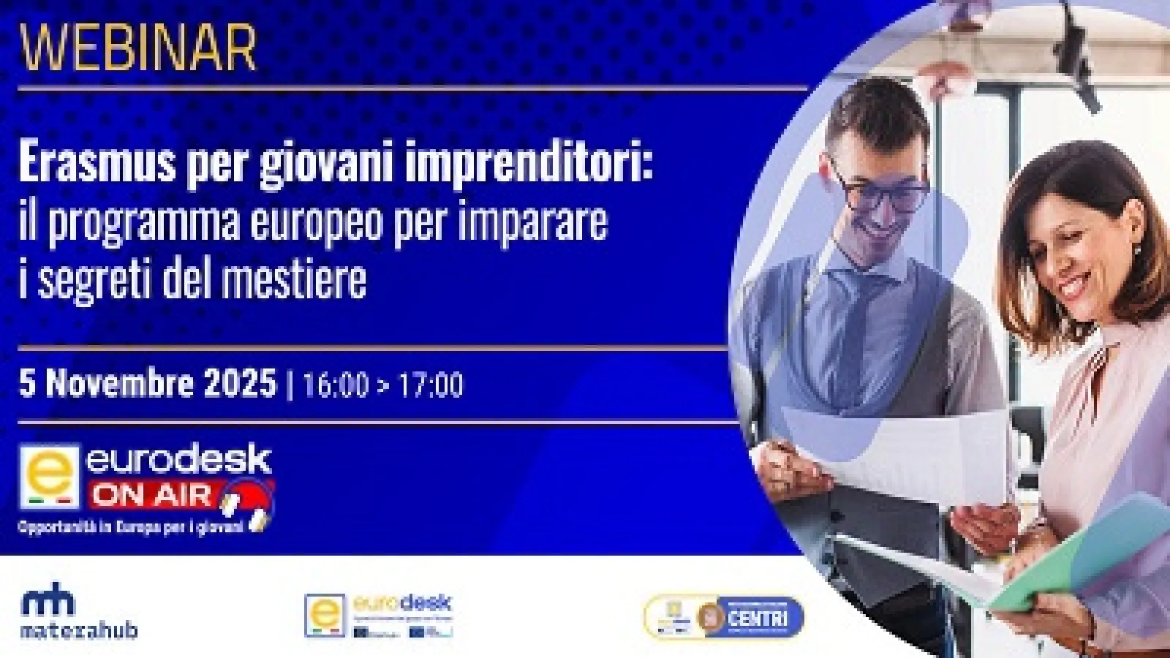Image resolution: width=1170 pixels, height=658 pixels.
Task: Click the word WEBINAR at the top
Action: coord(137,47)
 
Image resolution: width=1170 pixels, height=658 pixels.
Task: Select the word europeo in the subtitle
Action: coord(318,222)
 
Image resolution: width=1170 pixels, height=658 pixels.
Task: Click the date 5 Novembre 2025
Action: coord(148,383)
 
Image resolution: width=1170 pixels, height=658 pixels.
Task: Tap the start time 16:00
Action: coord(335,385)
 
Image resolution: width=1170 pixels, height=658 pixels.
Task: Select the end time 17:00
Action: coord(430,385)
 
